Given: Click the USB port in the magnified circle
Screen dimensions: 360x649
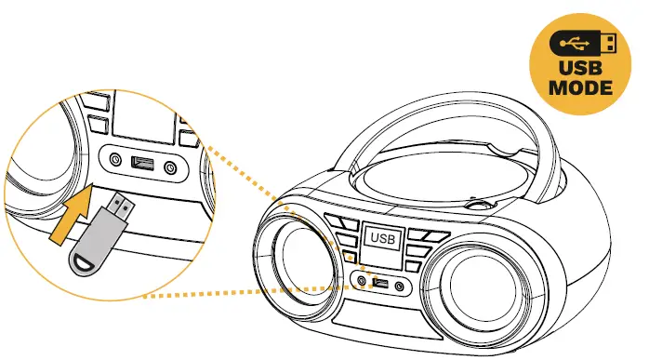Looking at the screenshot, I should coord(141,165).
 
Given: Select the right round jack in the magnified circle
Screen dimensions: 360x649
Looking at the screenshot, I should coord(170,168).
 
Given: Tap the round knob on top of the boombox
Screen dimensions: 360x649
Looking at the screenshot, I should coord(480,200).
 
